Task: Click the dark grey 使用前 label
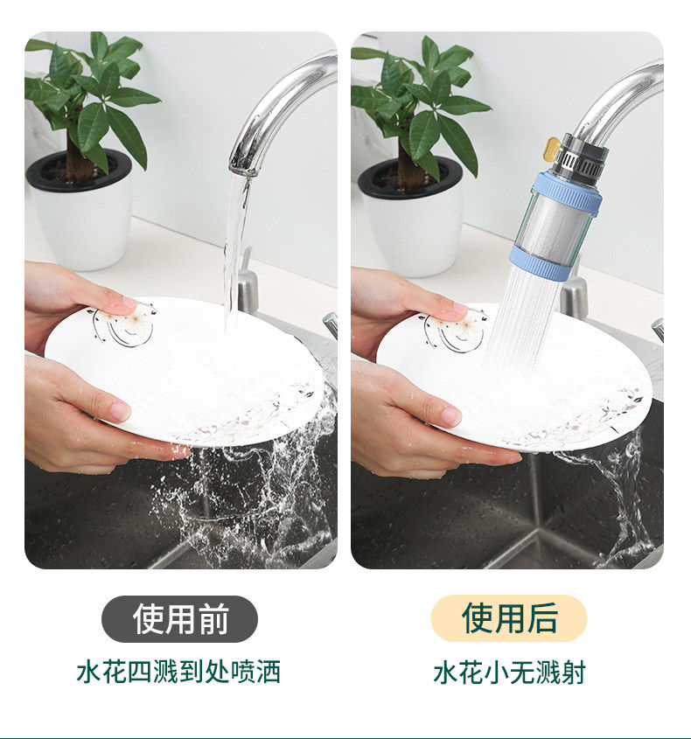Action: point(179,618)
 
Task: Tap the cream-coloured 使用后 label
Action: point(508,618)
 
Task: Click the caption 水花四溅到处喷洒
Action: point(178,672)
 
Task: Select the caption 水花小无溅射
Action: point(509,672)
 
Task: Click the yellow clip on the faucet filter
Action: point(550,149)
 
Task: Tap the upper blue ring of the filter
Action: point(567,190)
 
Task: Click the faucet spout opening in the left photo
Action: point(243,168)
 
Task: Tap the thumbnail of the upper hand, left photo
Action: point(129,301)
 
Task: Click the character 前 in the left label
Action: point(213,618)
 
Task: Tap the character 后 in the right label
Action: point(542,618)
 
